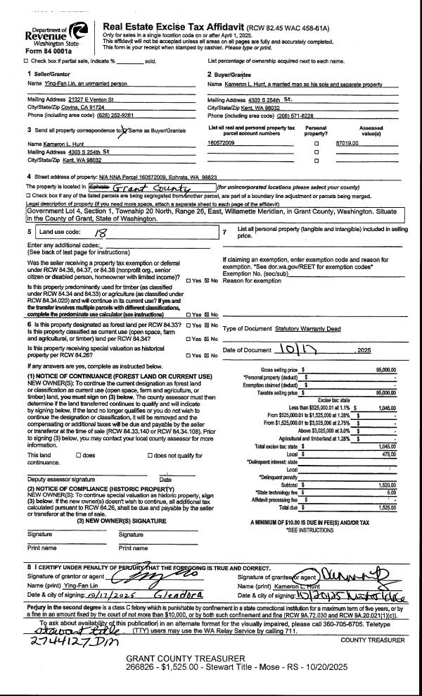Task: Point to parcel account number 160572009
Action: pos(222,143)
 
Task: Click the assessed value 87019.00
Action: pos(347,143)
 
